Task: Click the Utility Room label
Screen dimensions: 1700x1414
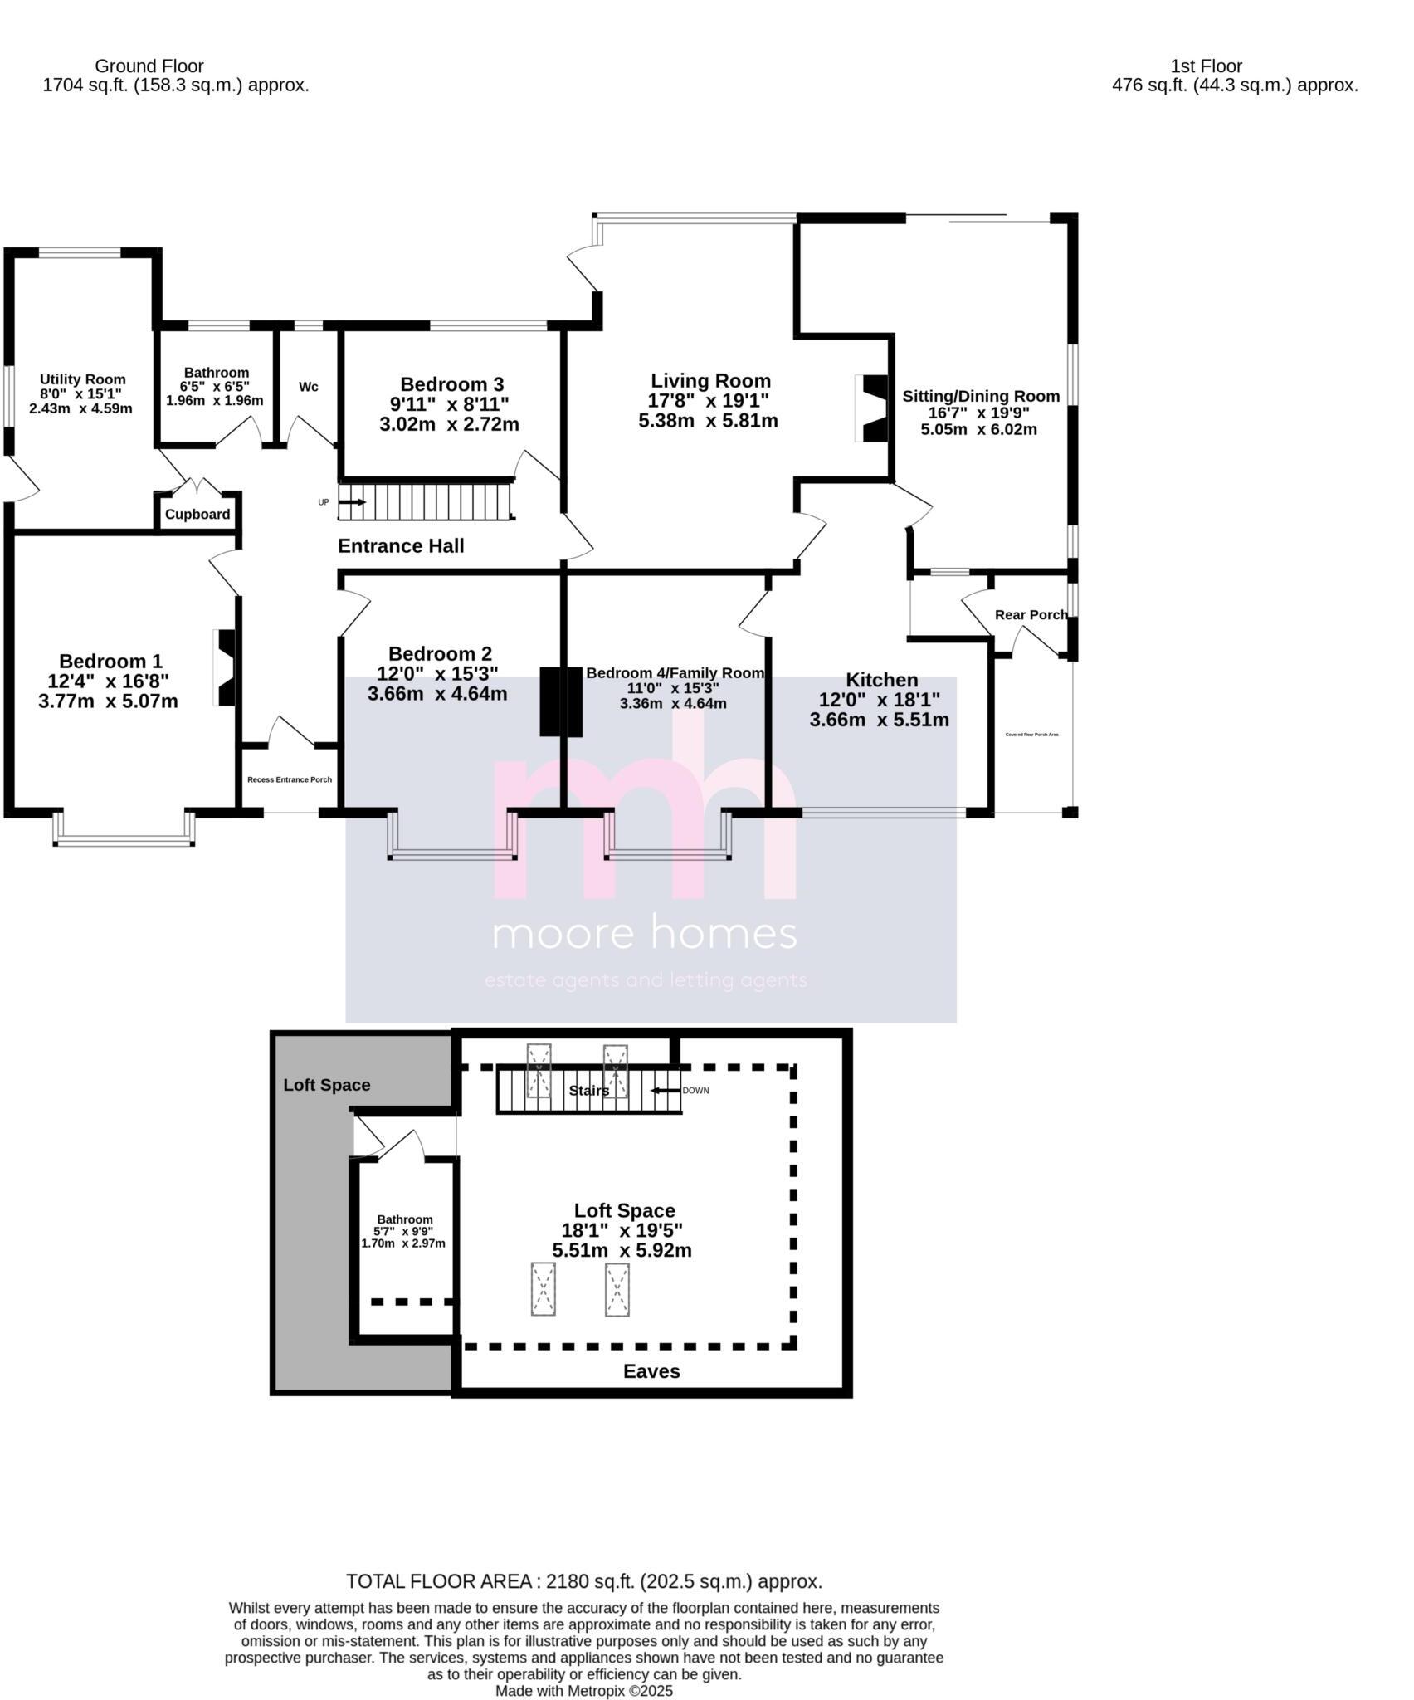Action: pos(82,379)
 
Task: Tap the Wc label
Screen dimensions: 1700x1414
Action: pos(309,387)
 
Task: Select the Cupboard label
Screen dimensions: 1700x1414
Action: pos(197,514)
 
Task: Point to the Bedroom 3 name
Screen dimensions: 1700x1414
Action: pos(451,384)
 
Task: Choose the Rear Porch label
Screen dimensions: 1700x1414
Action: pos(1031,614)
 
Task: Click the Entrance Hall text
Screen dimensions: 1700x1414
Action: pos(401,545)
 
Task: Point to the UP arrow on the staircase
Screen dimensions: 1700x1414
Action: pos(352,502)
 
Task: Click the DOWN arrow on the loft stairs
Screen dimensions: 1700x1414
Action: pos(665,1090)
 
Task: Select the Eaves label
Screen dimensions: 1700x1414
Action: pos(651,1371)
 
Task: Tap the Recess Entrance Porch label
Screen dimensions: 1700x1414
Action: pos(290,779)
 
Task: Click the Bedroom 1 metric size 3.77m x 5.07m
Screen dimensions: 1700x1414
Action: pos(108,701)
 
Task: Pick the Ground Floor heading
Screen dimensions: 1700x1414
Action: pos(149,66)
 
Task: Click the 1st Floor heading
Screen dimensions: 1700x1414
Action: pos(1206,66)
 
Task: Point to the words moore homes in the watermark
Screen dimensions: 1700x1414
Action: pos(645,933)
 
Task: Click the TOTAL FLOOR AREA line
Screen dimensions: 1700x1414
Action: pos(583,1580)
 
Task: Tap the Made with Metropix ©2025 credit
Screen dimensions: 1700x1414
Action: pos(583,1690)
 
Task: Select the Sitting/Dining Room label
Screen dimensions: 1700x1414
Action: pos(981,396)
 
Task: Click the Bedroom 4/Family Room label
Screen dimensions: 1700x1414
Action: pos(674,672)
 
